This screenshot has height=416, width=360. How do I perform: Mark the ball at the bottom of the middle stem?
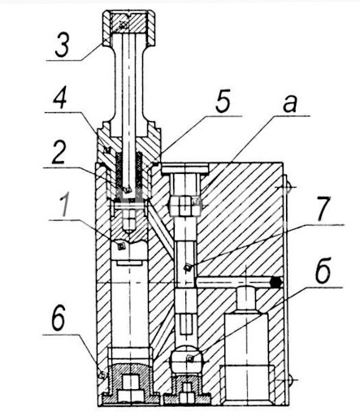coord(187,360)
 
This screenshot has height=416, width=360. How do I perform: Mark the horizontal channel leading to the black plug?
coord(236,281)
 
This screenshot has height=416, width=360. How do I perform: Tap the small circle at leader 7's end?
coord(188,267)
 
